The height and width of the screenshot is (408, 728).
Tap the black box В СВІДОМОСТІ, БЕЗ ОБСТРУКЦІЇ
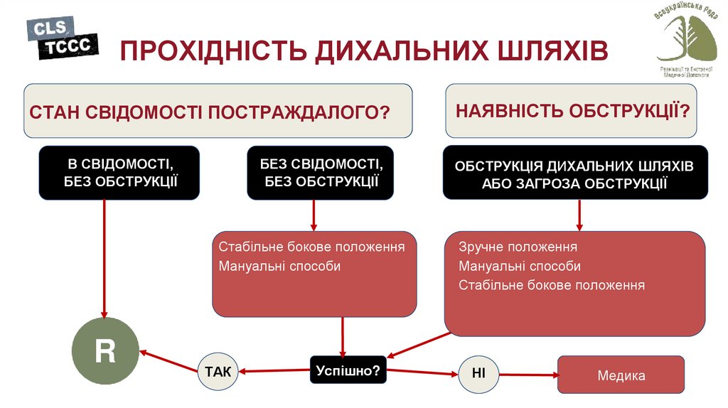[x=119, y=172]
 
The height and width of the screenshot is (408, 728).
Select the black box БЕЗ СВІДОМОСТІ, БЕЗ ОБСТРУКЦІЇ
[x=321, y=172]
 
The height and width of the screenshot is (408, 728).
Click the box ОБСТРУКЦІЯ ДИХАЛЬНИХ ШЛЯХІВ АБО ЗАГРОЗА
[x=575, y=173]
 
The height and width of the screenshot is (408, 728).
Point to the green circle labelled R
[x=105, y=352]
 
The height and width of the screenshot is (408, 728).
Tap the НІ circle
[x=478, y=372]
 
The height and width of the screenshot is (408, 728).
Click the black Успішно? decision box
[x=348, y=370]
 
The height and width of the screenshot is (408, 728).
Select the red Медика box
[x=621, y=375]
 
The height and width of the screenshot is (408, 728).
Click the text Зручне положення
[x=518, y=247]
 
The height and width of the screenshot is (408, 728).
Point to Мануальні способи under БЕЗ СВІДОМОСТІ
[x=279, y=267]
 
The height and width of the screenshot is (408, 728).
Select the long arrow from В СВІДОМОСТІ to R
[x=105, y=256]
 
